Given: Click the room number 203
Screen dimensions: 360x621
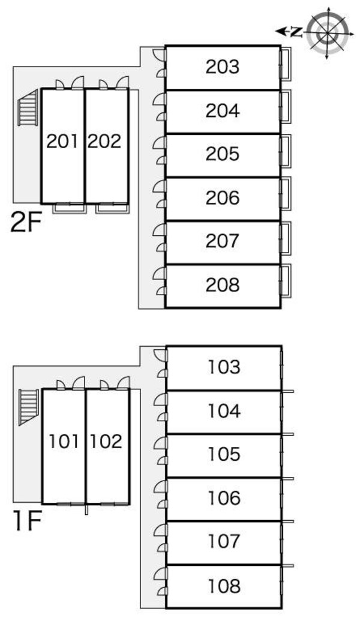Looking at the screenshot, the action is [x=223, y=67].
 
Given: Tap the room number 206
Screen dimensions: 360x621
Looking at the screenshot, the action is [x=223, y=197].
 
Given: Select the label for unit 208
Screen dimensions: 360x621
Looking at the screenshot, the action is [x=223, y=285].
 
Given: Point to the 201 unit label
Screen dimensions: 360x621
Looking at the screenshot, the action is [x=62, y=141].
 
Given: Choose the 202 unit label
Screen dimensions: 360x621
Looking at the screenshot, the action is [x=104, y=141].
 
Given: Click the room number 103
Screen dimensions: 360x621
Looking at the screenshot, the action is [x=224, y=367].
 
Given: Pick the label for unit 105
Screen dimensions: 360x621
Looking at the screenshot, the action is [x=224, y=454].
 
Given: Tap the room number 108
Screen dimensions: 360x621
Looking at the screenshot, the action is [x=224, y=586].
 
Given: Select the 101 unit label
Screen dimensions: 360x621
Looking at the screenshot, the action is [x=64, y=441].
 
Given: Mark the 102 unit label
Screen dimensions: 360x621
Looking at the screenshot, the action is [x=106, y=441].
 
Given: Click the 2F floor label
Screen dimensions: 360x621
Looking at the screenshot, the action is [x=26, y=223].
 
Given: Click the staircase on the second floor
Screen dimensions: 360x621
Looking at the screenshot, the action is [x=28, y=108].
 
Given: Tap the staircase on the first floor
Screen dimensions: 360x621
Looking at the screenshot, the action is [x=29, y=407].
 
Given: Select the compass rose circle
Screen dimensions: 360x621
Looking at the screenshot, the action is [x=328, y=32].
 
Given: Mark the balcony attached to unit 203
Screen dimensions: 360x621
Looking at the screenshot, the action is [x=286, y=64].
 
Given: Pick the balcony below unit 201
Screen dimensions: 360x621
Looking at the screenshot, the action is [x=70, y=208].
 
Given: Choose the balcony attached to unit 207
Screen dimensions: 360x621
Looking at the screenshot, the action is [x=286, y=238].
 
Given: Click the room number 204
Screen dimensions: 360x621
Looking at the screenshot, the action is [x=223, y=110].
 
